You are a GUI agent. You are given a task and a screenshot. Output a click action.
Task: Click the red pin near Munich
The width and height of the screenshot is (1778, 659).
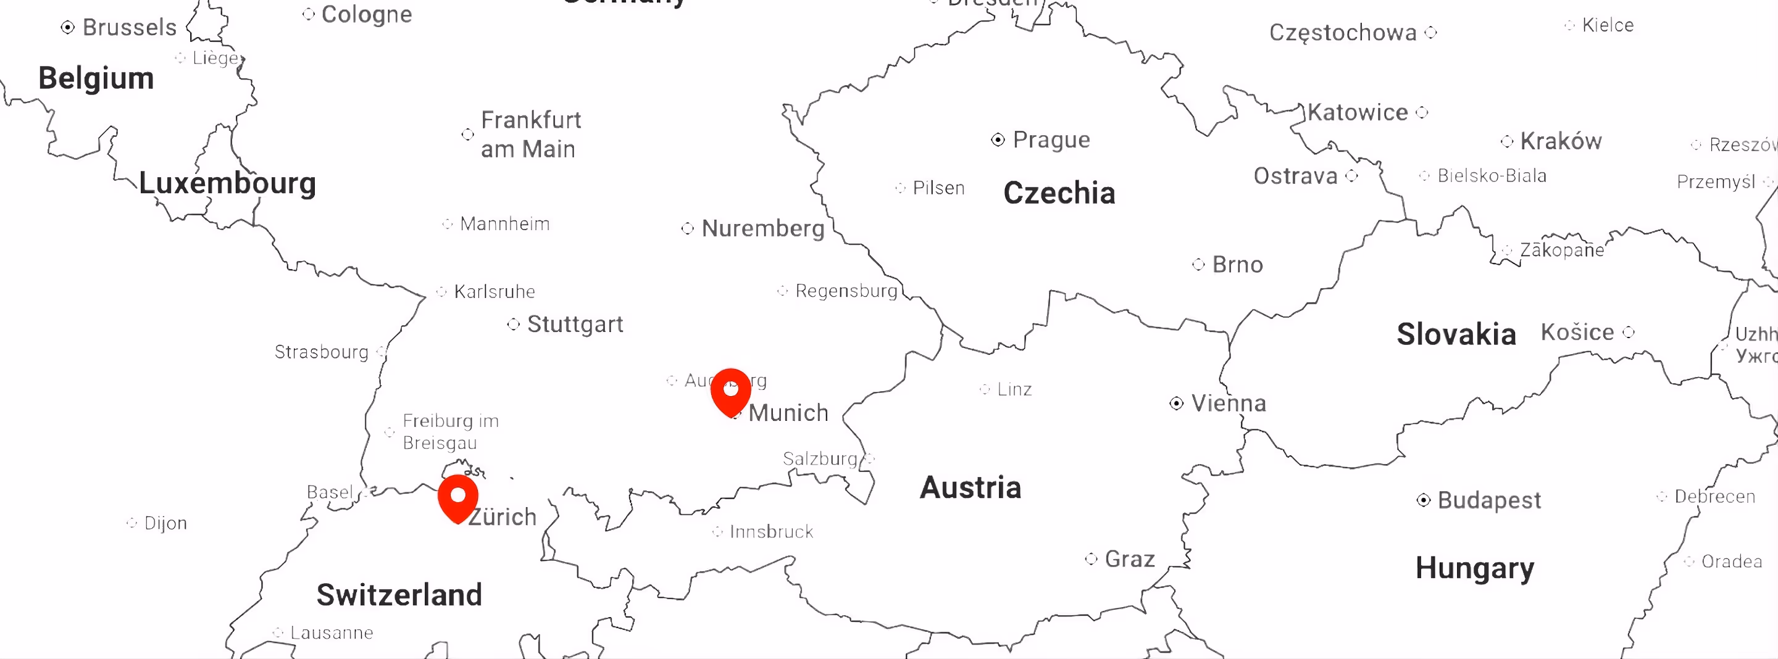coord(730,391)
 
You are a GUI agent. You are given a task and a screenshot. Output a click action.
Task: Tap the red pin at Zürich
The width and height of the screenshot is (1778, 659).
coord(457,497)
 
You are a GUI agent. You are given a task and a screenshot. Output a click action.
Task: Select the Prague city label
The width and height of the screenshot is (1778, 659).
coord(1051,140)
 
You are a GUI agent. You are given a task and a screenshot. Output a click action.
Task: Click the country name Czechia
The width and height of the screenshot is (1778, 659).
coord(1059,193)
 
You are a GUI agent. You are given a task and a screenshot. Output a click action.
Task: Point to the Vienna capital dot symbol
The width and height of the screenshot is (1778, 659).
coord(1176,403)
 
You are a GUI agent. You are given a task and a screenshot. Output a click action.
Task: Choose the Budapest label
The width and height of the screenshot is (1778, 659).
coord(1489,500)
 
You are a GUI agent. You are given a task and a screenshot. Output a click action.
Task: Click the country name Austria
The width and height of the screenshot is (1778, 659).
coord(970,487)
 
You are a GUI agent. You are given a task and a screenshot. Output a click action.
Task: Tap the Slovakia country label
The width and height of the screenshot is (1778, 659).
coord(1456,334)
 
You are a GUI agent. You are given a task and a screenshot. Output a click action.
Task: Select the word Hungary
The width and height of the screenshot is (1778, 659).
coord(1474,568)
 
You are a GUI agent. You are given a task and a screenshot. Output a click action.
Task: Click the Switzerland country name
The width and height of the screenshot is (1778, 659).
coord(399,595)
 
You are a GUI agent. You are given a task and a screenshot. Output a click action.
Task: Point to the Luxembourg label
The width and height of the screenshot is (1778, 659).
coord(227,183)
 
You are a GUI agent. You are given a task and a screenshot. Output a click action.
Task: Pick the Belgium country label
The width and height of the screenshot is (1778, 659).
coord(96,78)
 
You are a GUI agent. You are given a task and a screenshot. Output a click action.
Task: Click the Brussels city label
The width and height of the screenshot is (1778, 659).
coord(129,28)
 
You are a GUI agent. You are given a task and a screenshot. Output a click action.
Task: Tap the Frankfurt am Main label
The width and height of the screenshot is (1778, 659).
coord(530,135)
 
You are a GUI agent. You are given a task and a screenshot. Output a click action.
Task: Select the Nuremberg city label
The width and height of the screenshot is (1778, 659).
coord(762,228)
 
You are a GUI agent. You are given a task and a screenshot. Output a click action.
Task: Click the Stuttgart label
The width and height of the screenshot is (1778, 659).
coord(575,325)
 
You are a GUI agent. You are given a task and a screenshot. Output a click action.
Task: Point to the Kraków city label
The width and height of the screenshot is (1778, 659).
coord(1561,141)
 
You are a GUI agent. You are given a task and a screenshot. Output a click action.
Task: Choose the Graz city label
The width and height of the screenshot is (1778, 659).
coord(1129,559)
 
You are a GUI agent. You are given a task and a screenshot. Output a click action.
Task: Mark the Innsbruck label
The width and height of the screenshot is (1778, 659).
coord(771,532)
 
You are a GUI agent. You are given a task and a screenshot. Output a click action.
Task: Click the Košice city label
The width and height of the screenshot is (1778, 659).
coord(1577,333)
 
